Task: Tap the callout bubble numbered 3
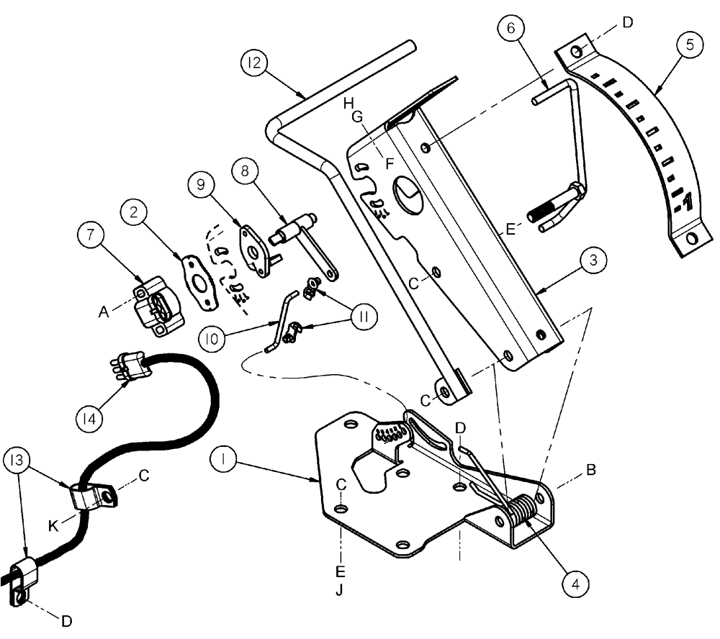pos(592,261)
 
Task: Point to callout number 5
pos(689,45)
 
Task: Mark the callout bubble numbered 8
pos(246,171)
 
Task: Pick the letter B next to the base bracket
pos(590,471)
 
